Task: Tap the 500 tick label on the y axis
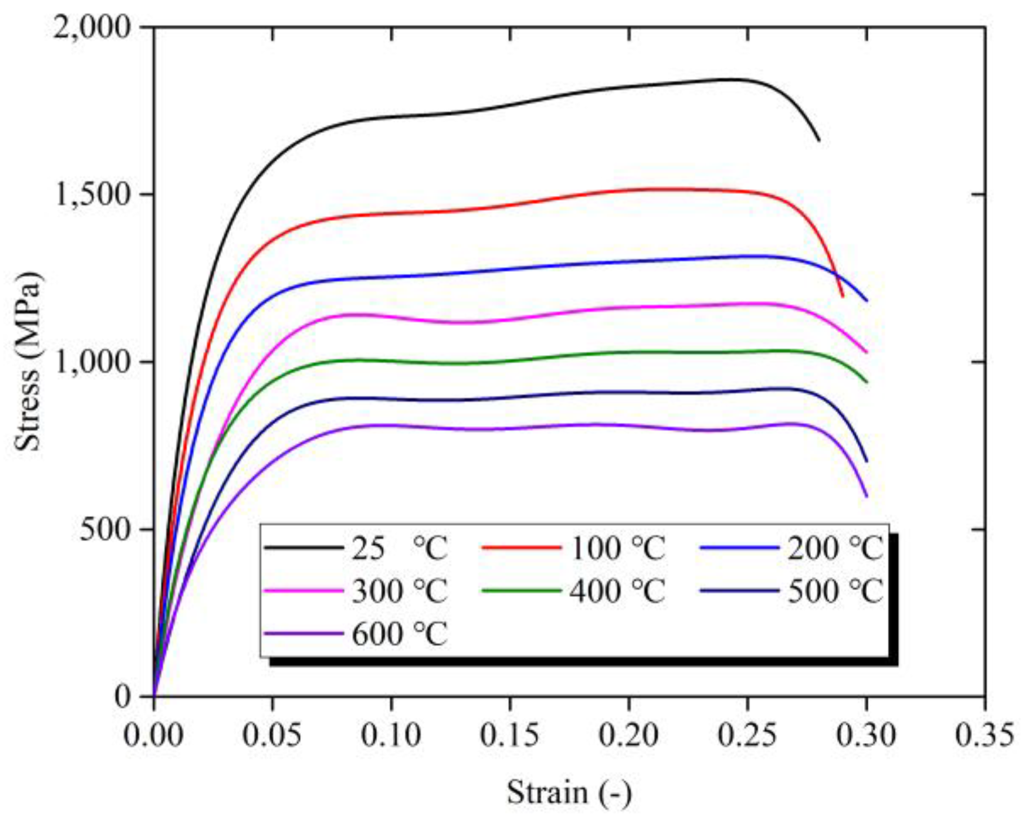[105, 530]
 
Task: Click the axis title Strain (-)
[569, 792]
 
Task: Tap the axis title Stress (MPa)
[28, 361]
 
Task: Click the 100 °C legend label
[617, 548]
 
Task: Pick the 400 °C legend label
[617, 591]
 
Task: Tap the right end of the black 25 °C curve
[819, 140]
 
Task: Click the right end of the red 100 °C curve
[843, 296]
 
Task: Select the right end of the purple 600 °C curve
[866, 497]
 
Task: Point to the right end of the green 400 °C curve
[866, 382]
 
